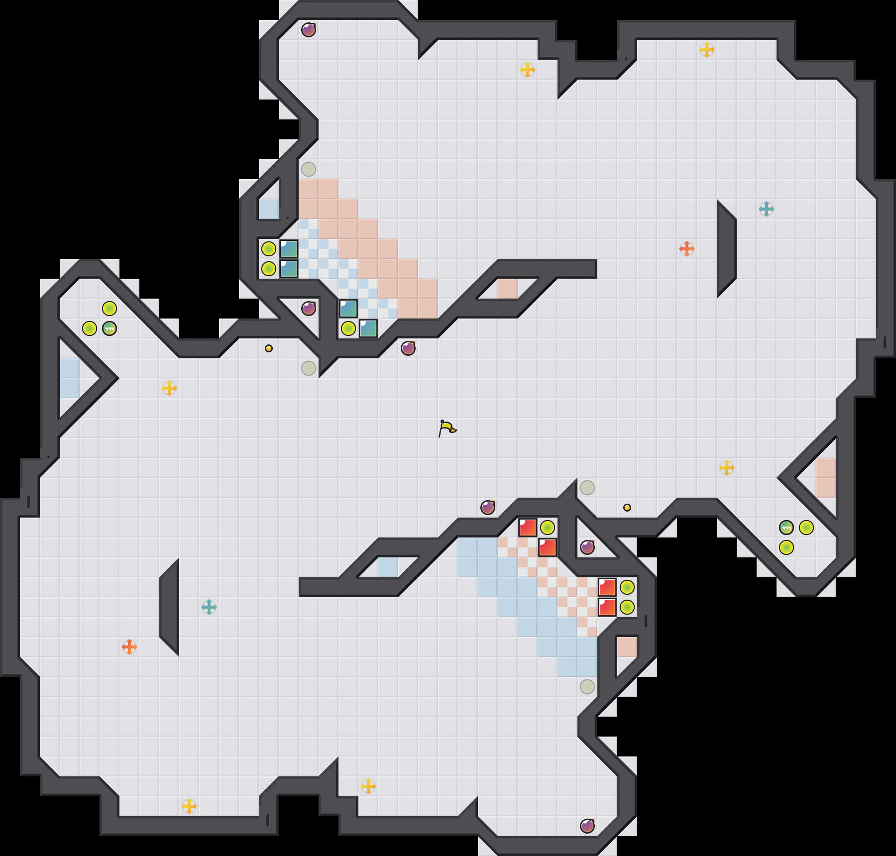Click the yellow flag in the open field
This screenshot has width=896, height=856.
point(447,428)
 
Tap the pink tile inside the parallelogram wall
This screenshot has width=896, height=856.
point(507,289)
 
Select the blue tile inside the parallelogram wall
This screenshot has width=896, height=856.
point(388,567)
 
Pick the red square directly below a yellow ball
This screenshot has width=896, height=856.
point(547,547)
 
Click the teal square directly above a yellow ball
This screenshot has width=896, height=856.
point(348,309)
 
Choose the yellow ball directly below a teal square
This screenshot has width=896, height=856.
point(348,328)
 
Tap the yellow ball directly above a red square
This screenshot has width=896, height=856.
point(547,528)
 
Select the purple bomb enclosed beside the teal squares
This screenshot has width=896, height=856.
point(309,309)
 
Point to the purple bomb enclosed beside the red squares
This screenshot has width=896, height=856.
point(587,547)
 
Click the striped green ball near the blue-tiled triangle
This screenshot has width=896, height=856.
point(110,328)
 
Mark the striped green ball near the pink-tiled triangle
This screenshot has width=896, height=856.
point(786,528)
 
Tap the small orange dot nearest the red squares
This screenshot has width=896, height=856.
point(627,508)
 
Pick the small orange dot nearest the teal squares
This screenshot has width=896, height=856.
point(269,348)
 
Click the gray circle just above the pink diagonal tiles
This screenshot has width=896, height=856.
point(309,169)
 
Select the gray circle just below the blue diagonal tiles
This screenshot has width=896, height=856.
point(587,687)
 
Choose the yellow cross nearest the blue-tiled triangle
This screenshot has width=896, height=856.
point(169,388)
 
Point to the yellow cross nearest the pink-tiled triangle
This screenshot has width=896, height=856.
point(727,468)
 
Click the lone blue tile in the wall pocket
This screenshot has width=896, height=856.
point(268,209)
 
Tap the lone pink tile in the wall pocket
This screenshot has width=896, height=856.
point(627,647)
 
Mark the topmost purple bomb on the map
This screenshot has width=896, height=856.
point(309,30)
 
